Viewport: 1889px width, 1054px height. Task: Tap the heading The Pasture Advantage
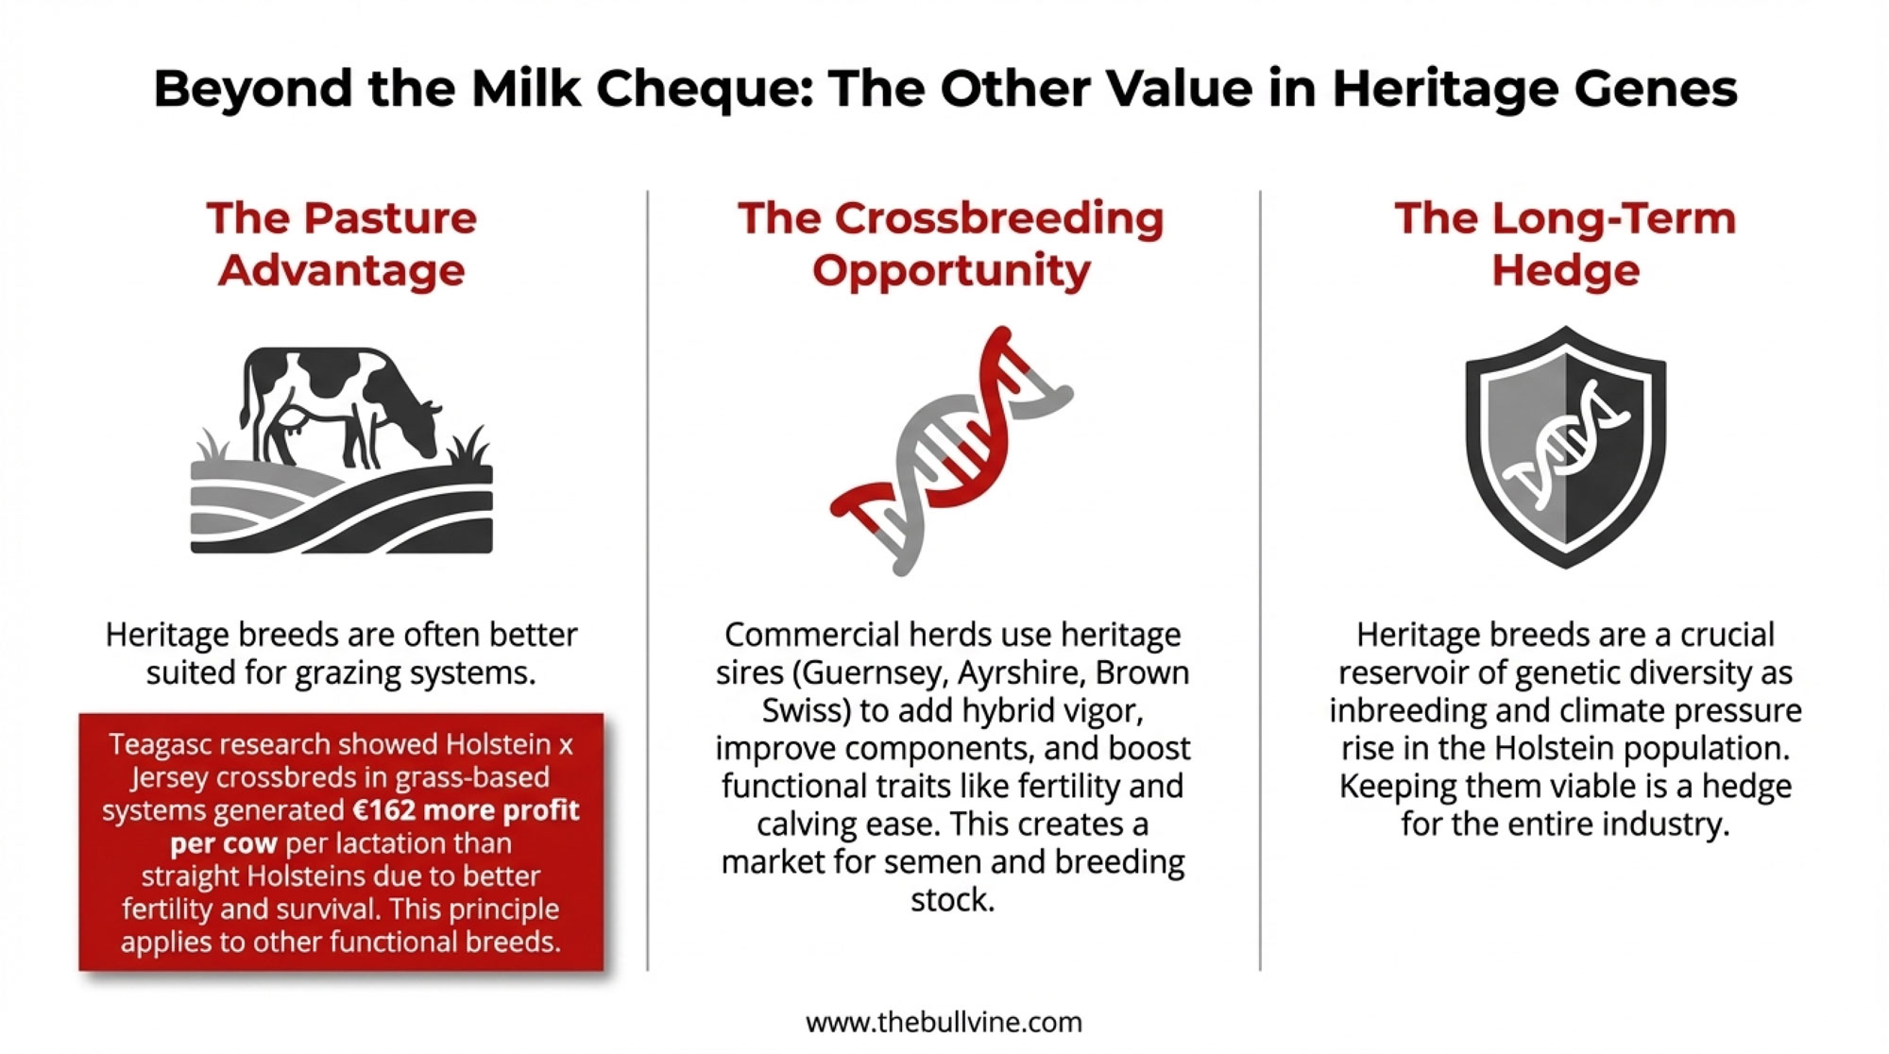coord(342,244)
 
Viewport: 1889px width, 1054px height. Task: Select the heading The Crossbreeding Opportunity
coord(951,244)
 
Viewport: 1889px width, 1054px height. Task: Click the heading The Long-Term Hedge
coord(1565,244)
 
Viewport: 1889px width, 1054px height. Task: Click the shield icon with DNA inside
coord(1565,447)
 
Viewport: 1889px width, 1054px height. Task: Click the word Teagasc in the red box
coord(162,745)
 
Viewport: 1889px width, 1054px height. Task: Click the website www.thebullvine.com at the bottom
coord(944,1022)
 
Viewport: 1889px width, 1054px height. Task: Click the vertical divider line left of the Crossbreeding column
coord(648,580)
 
